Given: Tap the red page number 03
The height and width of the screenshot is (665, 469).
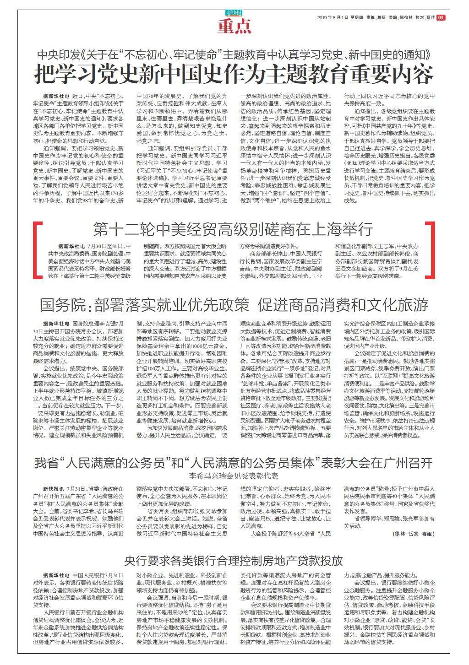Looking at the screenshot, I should (x=440, y=18).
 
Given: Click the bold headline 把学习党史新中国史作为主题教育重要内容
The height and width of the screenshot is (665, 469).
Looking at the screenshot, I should (x=234, y=74).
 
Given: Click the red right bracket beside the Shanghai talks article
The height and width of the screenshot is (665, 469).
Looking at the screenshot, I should (x=430, y=251).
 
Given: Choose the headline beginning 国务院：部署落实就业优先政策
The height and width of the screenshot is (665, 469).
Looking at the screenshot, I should (x=234, y=304).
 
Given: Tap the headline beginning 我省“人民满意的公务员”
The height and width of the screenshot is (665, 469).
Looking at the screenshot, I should (x=234, y=463).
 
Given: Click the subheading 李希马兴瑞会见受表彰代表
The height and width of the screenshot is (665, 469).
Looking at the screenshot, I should (x=234, y=476).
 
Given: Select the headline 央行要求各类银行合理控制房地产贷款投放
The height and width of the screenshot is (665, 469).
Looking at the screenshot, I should (x=234, y=560).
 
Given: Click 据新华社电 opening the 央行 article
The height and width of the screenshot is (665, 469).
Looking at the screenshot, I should (x=56, y=575).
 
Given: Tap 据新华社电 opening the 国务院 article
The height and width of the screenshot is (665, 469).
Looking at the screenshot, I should (x=56, y=323).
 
